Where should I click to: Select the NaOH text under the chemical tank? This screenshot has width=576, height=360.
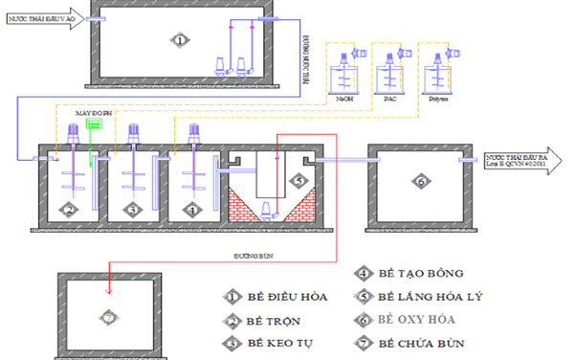coord(345,98)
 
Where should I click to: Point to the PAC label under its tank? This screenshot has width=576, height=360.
coord(390,98)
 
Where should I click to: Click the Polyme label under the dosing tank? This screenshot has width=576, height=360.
coord(439,98)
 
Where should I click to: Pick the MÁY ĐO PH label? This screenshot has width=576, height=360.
coord(90,112)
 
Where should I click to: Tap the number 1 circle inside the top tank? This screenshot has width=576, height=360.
coord(178,39)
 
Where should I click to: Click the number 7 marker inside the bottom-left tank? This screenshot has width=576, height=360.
coord(109,315)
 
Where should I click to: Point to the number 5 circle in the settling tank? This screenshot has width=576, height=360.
coord(297,178)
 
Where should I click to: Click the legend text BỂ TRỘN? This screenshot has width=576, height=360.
coord(274,320)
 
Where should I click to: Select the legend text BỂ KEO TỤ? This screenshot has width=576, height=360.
coord(280,342)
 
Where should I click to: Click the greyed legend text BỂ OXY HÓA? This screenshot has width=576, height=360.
coord(415,319)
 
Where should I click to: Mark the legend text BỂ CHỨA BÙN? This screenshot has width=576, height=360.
coord(418,342)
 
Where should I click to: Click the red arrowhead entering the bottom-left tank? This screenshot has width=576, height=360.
coord(109,291)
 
